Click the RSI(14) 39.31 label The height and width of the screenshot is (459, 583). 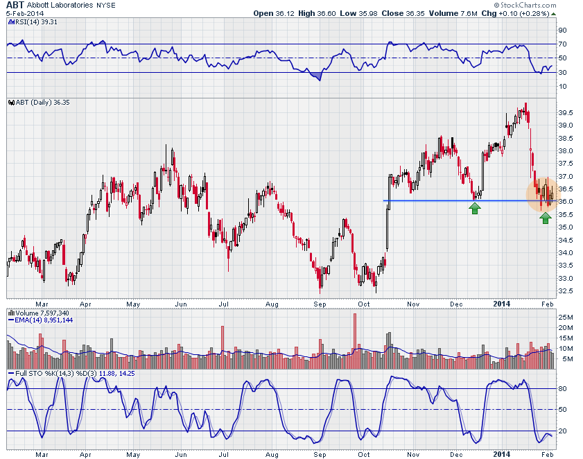pyautogui.click(x=34, y=21)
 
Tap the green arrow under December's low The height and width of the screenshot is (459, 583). pyautogui.click(x=475, y=208)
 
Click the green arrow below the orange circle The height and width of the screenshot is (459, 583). pyautogui.click(x=546, y=218)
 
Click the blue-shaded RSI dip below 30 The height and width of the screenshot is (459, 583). pyautogui.click(x=317, y=76)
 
